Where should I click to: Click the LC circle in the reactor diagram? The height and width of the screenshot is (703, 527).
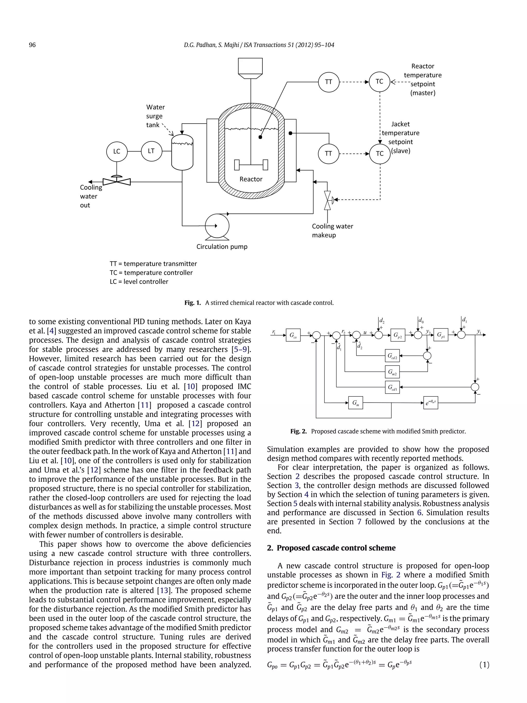coord(117,152)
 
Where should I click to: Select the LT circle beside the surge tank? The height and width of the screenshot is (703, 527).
coord(151,151)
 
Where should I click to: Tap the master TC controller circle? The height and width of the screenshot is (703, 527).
coord(379,82)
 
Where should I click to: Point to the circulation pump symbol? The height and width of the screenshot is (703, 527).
coord(217,226)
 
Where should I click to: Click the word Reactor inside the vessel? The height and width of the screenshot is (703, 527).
coord(251,179)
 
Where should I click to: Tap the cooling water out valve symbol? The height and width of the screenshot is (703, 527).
coord(117,181)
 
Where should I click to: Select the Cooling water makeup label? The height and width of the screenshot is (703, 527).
coord(332,231)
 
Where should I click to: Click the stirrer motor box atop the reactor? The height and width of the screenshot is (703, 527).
coord(250,66)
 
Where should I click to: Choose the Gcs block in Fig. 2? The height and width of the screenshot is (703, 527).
coord(293,335)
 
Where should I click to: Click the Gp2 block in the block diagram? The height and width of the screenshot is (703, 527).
coord(398,335)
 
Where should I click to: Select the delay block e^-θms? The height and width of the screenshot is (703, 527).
coord(431,403)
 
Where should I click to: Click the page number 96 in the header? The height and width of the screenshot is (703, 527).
coord(32,45)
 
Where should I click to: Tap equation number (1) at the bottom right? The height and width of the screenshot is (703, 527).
coord(484,665)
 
